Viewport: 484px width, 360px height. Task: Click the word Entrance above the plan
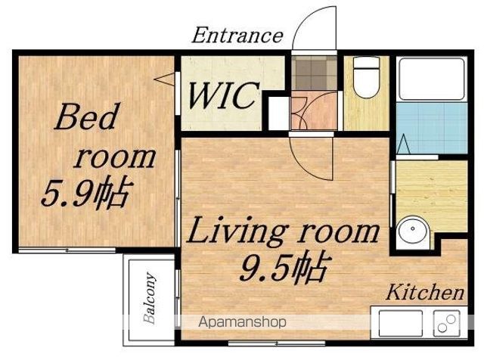click(237, 36)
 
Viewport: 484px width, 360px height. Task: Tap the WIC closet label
click(224, 95)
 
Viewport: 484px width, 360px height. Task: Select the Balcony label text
click(150, 298)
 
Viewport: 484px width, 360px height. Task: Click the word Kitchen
click(425, 292)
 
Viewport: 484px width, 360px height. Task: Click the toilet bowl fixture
click(366, 77)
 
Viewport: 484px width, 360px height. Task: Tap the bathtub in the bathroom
click(432, 79)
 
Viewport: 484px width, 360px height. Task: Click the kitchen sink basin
click(401, 324)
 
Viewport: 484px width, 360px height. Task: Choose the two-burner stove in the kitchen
click(447, 324)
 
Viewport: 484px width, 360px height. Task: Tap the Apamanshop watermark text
click(242, 322)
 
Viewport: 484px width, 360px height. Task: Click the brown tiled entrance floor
click(315, 73)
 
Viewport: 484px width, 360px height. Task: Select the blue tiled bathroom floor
click(432, 129)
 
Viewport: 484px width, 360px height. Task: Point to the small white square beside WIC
click(279, 113)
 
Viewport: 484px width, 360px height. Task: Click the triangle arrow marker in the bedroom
click(165, 79)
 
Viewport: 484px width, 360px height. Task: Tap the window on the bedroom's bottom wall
click(67, 250)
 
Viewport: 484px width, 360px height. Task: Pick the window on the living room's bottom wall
click(277, 343)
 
